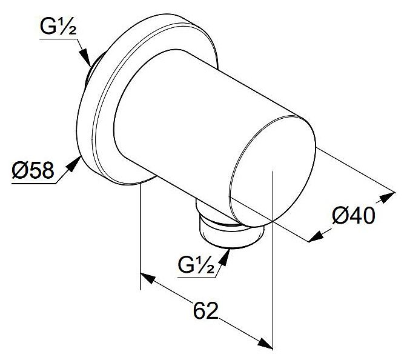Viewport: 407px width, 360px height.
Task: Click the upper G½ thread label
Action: coord(58,26)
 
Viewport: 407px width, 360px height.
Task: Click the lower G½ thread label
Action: coord(196,265)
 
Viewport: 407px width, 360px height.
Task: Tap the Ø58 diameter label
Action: coord(33,170)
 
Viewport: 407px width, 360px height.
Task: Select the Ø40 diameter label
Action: coord(354,215)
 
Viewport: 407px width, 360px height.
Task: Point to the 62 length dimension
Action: coord(205,311)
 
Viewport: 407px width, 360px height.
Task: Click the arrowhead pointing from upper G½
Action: coord(85,57)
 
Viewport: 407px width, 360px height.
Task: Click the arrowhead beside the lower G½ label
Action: coord(224,258)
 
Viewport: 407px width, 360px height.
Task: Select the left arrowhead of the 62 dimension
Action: coord(148,278)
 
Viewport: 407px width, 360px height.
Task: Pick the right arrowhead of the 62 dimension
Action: coord(265,344)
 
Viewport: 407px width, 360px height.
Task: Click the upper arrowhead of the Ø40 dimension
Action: coord(387,198)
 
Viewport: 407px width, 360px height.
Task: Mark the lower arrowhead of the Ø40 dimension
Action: coord(316,236)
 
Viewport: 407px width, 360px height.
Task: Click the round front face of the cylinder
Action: coord(273,171)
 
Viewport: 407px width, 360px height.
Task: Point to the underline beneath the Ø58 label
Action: coord(34,184)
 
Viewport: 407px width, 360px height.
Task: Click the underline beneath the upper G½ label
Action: coord(59,39)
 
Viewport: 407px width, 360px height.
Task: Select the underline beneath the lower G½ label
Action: coord(196,278)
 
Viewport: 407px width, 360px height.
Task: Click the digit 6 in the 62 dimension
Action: coord(199,311)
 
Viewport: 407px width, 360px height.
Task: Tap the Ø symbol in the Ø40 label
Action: coord(340,216)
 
